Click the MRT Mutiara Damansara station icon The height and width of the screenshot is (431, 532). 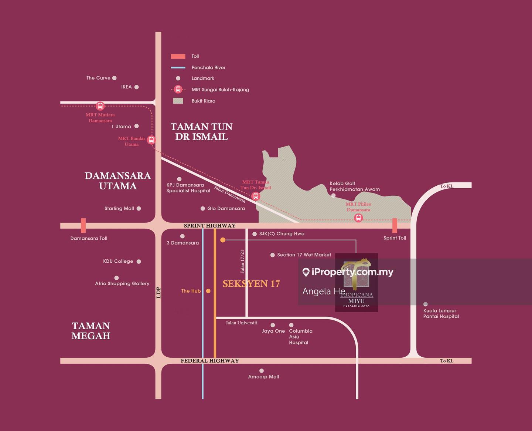click(x=100, y=106)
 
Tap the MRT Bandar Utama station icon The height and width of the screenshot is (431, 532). click(x=151, y=140)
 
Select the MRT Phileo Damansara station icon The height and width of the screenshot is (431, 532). click(x=358, y=218)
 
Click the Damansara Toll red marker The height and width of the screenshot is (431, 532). click(x=83, y=225)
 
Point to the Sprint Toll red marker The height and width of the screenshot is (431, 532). click(x=395, y=225)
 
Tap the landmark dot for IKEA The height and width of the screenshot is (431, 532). click(x=136, y=87)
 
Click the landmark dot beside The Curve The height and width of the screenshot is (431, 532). click(x=114, y=78)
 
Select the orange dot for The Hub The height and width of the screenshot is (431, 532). click(x=208, y=291)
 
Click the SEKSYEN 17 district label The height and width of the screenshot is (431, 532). click(x=251, y=284)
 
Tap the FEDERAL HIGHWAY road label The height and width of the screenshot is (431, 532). click(x=209, y=361)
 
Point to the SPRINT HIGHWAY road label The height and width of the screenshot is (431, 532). click(x=209, y=226)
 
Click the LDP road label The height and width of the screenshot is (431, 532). click(x=158, y=293)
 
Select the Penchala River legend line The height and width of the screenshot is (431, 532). click(x=178, y=68)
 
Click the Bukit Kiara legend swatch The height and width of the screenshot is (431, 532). click(x=178, y=101)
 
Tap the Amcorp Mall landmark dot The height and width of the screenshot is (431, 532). click(x=262, y=371)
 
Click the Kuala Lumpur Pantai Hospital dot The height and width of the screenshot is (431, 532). click(x=426, y=304)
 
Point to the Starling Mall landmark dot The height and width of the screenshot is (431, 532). click(x=139, y=209)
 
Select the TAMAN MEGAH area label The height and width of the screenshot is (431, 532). click(x=91, y=331)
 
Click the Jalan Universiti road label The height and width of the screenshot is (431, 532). click(x=242, y=323)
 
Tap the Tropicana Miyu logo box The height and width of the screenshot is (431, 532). click(x=356, y=283)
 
